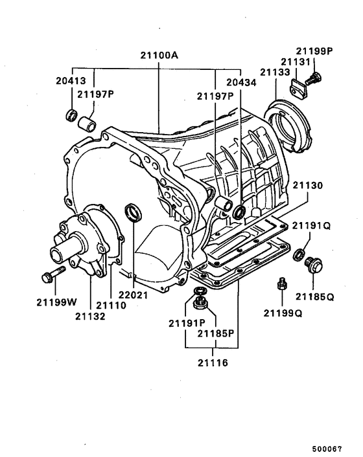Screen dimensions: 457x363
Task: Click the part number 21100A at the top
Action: coord(158,56)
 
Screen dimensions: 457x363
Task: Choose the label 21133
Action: coord(275,72)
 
